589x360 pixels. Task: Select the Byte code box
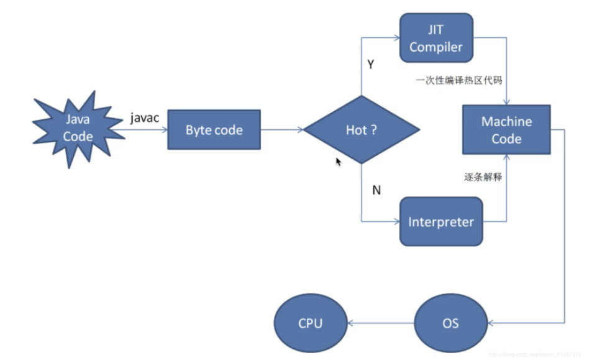coord(214,130)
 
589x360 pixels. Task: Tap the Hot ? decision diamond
coord(361,130)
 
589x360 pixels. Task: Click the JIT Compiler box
coord(436,38)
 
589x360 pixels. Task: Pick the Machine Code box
coord(506,130)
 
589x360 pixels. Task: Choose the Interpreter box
coord(441,221)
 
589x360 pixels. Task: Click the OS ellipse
coord(450,323)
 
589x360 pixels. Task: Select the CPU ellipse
coord(309,323)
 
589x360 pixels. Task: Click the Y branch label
coord(371,65)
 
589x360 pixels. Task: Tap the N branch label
coord(376,190)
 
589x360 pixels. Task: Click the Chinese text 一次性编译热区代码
coord(457,81)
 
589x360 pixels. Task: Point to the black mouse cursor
coord(339,162)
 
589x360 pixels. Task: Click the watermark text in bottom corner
coord(534,353)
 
